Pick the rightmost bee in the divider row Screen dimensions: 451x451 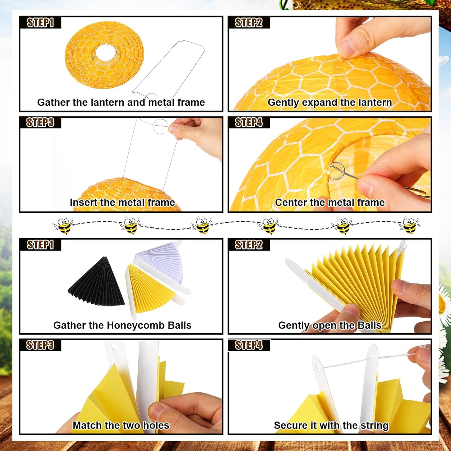[409, 225]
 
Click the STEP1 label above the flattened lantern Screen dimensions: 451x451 [41, 23]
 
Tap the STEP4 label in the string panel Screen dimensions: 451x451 [249, 345]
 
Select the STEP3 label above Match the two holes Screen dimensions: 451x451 [40, 345]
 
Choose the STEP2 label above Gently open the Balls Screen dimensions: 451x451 [249, 245]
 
